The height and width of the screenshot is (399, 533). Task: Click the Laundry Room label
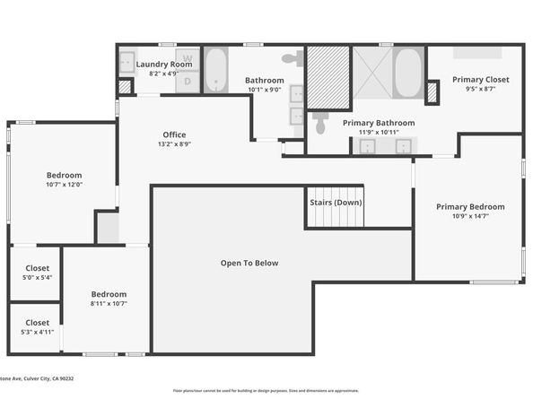click(164, 65)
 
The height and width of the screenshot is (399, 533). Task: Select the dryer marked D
click(188, 82)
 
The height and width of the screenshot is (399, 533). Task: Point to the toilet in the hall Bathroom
click(293, 58)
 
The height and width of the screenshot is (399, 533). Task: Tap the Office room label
click(174, 134)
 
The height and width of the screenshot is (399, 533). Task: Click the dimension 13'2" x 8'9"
click(174, 143)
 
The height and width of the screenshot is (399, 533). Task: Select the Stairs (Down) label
click(336, 203)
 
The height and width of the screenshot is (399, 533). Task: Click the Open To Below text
click(249, 263)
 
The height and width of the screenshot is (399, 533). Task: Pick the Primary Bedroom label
click(470, 207)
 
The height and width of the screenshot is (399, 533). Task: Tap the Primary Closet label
click(480, 80)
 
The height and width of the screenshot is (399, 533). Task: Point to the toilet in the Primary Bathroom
click(321, 120)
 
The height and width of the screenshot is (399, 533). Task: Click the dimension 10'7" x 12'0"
click(64, 185)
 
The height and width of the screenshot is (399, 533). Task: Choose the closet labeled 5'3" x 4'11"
click(37, 326)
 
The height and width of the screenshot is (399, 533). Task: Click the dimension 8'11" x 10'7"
click(109, 303)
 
